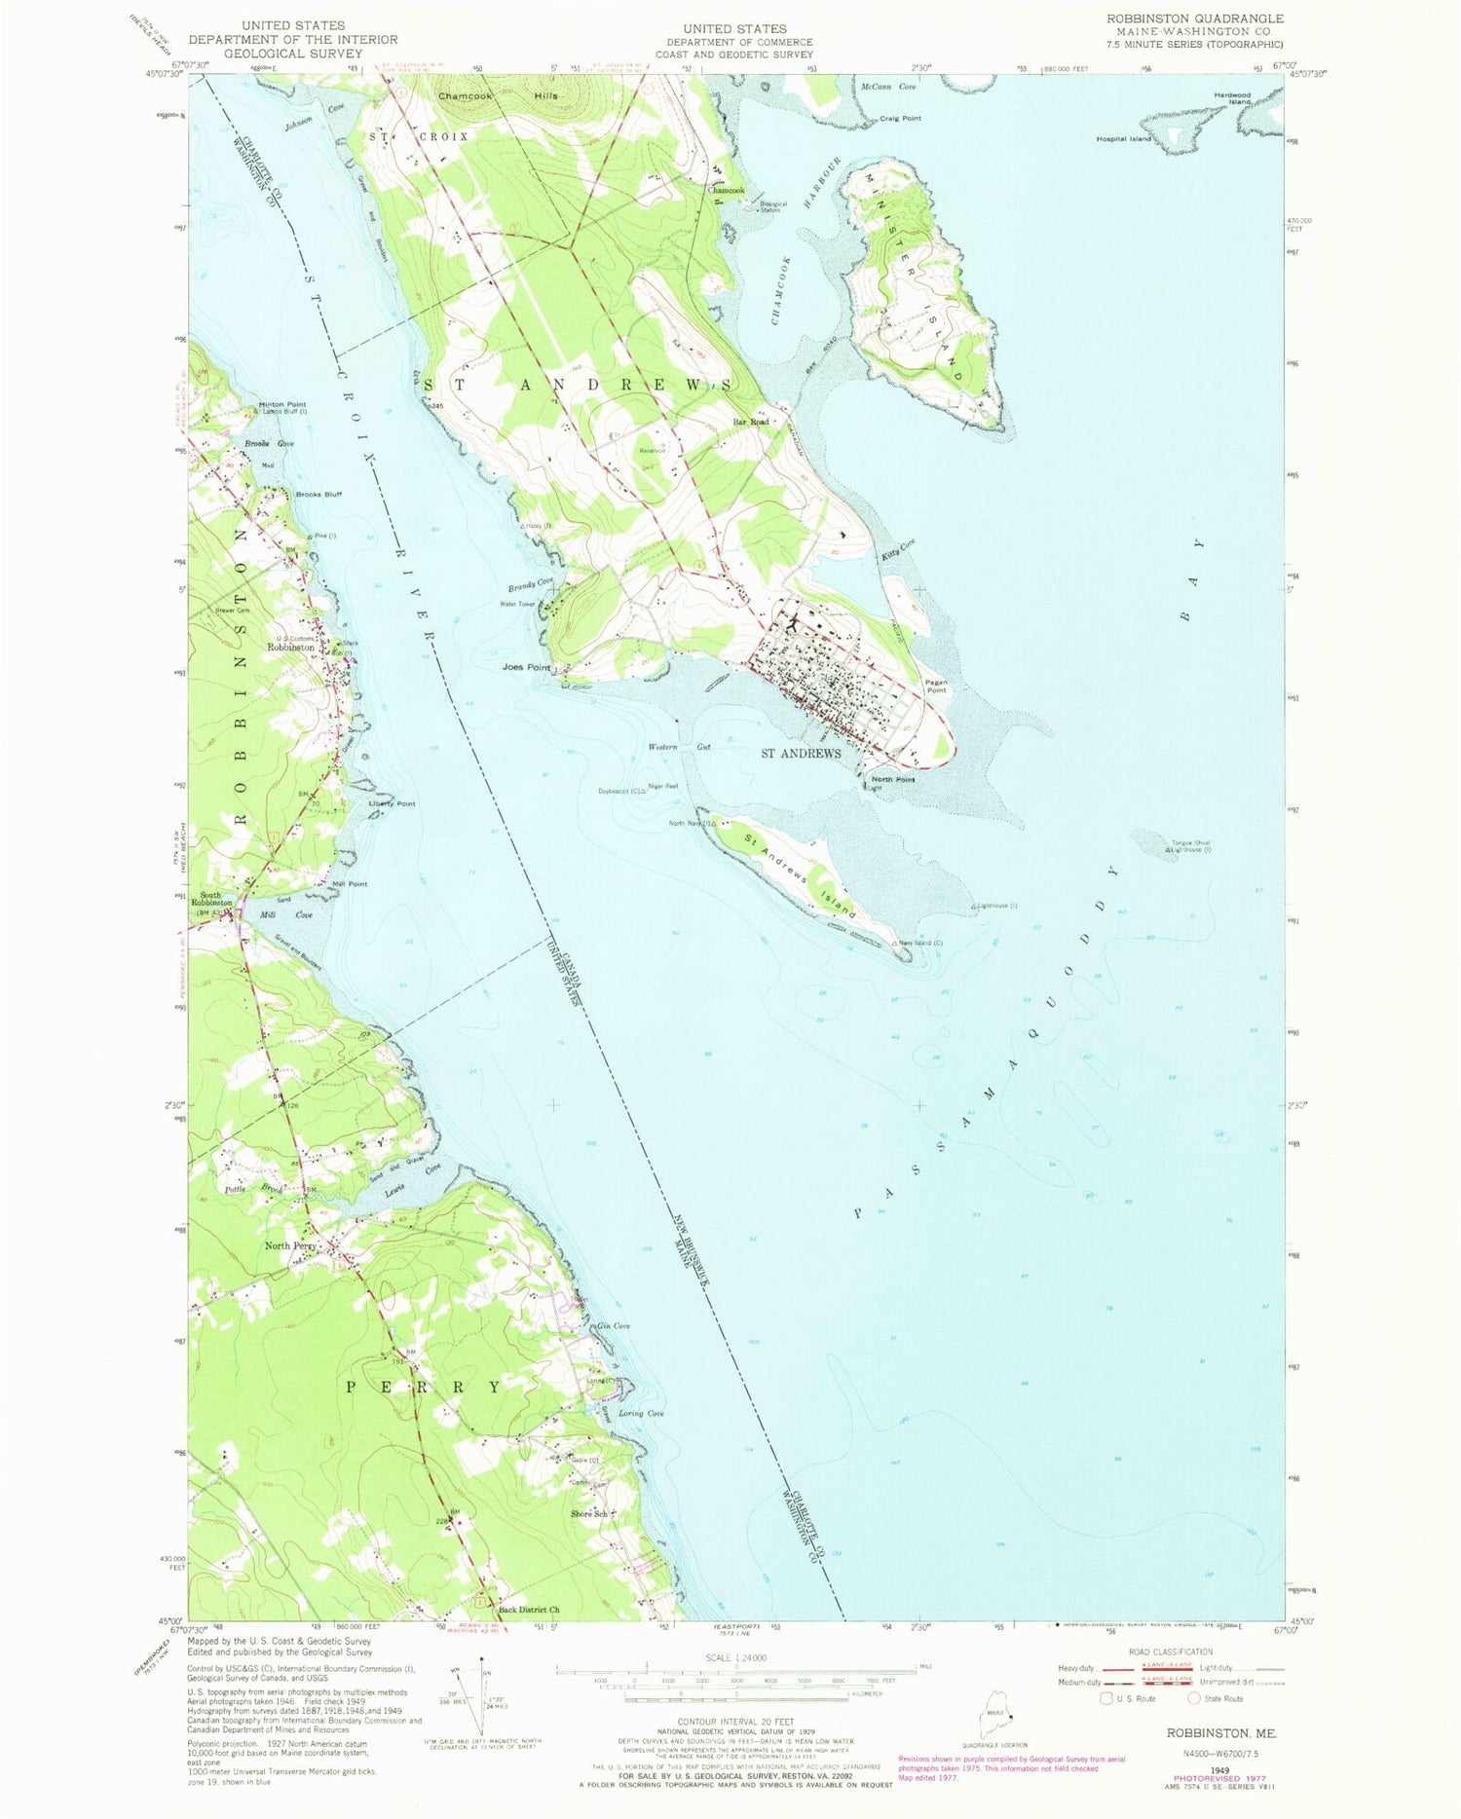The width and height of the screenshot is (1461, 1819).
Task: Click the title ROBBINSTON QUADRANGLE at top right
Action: (x=1194, y=19)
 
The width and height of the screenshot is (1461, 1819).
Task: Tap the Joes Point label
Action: (x=526, y=668)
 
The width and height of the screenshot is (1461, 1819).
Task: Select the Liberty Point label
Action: (x=393, y=803)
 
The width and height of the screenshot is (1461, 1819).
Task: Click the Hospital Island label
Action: (x=1123, y=139)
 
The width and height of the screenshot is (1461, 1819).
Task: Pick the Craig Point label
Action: (x=900, y=118)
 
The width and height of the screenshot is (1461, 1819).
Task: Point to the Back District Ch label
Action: (x=529, y=1610)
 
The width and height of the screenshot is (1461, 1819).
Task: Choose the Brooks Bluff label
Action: (x=318, y=494)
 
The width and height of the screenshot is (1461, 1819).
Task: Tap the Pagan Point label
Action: (x=936, y=687)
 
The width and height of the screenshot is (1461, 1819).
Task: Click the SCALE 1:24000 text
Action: (x=735, y=1658)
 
